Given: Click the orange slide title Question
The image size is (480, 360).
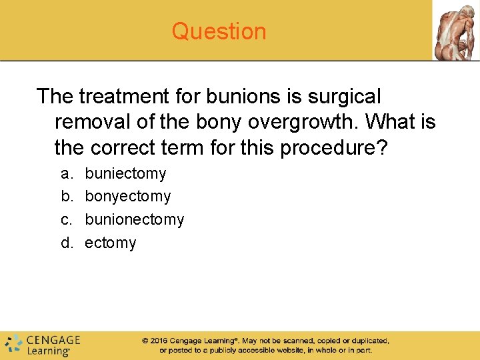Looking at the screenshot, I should tap(219, 31).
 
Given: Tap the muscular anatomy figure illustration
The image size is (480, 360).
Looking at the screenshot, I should tap(455, 30).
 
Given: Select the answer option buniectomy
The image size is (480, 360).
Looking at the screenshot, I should tap(125, 173).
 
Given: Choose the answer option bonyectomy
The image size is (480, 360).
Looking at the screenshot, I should tap(127, 197).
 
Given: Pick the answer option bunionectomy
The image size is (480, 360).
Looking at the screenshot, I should tap(134, 219).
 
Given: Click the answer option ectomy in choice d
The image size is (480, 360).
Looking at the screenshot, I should tap(110, 243).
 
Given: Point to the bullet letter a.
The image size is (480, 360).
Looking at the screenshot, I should tap(67, 173).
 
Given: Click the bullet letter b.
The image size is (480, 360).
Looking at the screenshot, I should tap(67, 197).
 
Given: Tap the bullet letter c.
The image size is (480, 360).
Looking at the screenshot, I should tap(67, 219).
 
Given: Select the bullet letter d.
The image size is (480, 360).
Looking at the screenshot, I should tap(67, 243).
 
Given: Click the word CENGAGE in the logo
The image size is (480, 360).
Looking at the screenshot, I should tap(53, 340).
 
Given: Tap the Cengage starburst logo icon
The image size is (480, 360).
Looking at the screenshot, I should tap(13, 344).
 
